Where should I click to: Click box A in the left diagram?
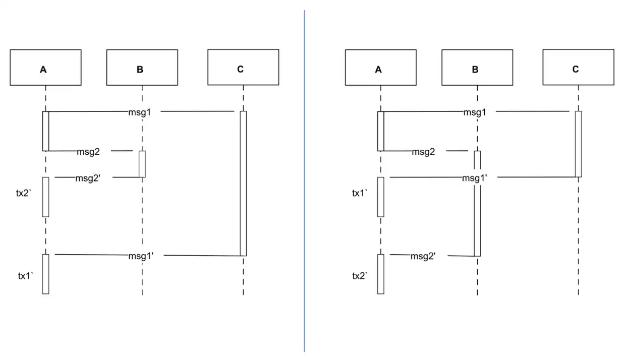[x=46, y=68]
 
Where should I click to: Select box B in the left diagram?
[x=142, y=68]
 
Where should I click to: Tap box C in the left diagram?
[x=244, y=68]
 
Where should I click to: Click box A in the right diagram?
[x=381, y=68]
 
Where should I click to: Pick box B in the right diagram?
[x=477, y=68]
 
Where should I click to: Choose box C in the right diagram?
[x=578, y=68]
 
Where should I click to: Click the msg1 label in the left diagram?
[x=140, y=112]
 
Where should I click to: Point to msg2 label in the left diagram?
[x=88, y=152]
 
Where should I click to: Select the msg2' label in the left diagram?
[x=88, y=178]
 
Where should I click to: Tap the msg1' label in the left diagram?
[x=141, y=256]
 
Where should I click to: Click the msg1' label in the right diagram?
[x=475, y=178]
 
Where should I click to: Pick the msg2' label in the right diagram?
[x=423, y=256]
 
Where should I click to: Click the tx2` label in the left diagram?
[x=24, y=193]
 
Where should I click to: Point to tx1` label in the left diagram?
[x=26, y=276]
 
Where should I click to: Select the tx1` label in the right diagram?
[x=360, y=193]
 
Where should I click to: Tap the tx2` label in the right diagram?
[x=360, y=276]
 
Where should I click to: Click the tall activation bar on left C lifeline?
[x=243, y=184]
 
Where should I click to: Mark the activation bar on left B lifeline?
[x=142, y=164]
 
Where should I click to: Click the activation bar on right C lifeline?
[x=578, y=144]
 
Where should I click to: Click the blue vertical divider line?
[x=304, y=181]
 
